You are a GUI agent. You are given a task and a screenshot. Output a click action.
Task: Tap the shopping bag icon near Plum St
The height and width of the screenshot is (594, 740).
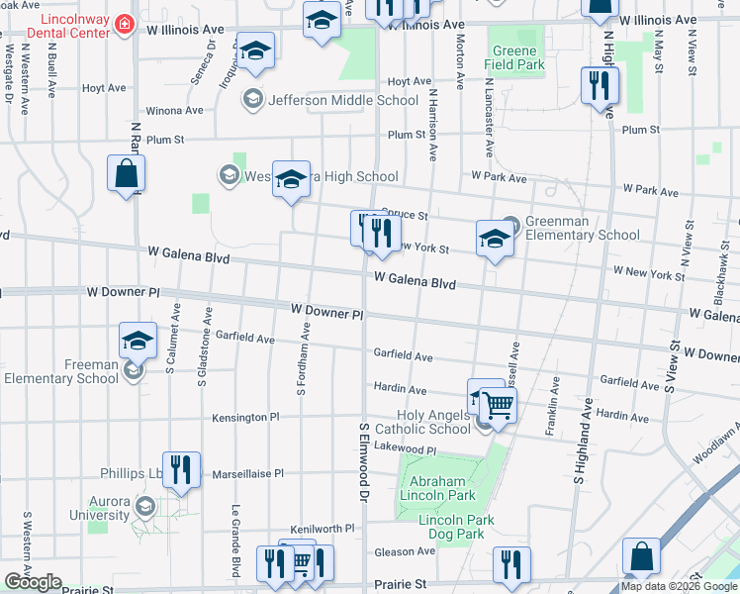click(127, 175)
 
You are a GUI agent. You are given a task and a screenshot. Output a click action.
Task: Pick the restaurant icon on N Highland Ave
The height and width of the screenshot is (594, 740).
click(600, 87)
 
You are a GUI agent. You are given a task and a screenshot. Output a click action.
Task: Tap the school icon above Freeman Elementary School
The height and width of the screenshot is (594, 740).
click(139, 342)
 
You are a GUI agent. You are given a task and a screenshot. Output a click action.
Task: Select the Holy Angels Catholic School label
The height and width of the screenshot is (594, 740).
click(434, 422)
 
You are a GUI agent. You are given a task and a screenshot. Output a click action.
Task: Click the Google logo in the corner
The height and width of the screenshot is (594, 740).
click(33, 582)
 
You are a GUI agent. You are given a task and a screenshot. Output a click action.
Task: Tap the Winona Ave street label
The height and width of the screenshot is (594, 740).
click(175, 111)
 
